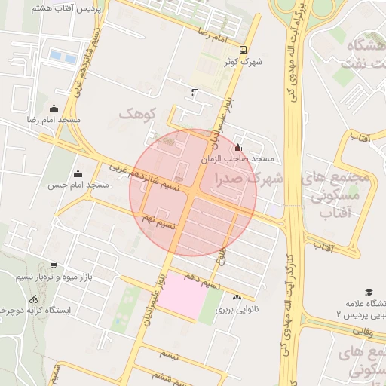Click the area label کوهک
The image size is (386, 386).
tap(136, 114)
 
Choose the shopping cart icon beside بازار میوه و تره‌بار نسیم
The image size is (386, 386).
tap(54, 265)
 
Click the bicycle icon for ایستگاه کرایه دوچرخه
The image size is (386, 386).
tap(32, 299)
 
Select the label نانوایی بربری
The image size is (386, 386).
tap(238, 309)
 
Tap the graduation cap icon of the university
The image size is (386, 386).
tap(369, 291)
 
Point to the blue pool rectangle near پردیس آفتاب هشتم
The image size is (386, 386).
tap(63, 57)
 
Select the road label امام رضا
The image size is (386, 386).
tap(213, 35)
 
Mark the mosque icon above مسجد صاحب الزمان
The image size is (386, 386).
tap(239, 148)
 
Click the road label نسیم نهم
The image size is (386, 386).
tap(159, 221)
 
